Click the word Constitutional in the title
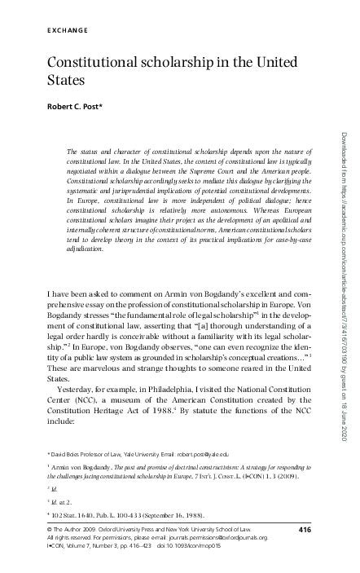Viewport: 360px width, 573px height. pyautogui.click(x=92, y=63)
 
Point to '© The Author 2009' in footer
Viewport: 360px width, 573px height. pyautogui.click(x=68, y=531)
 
